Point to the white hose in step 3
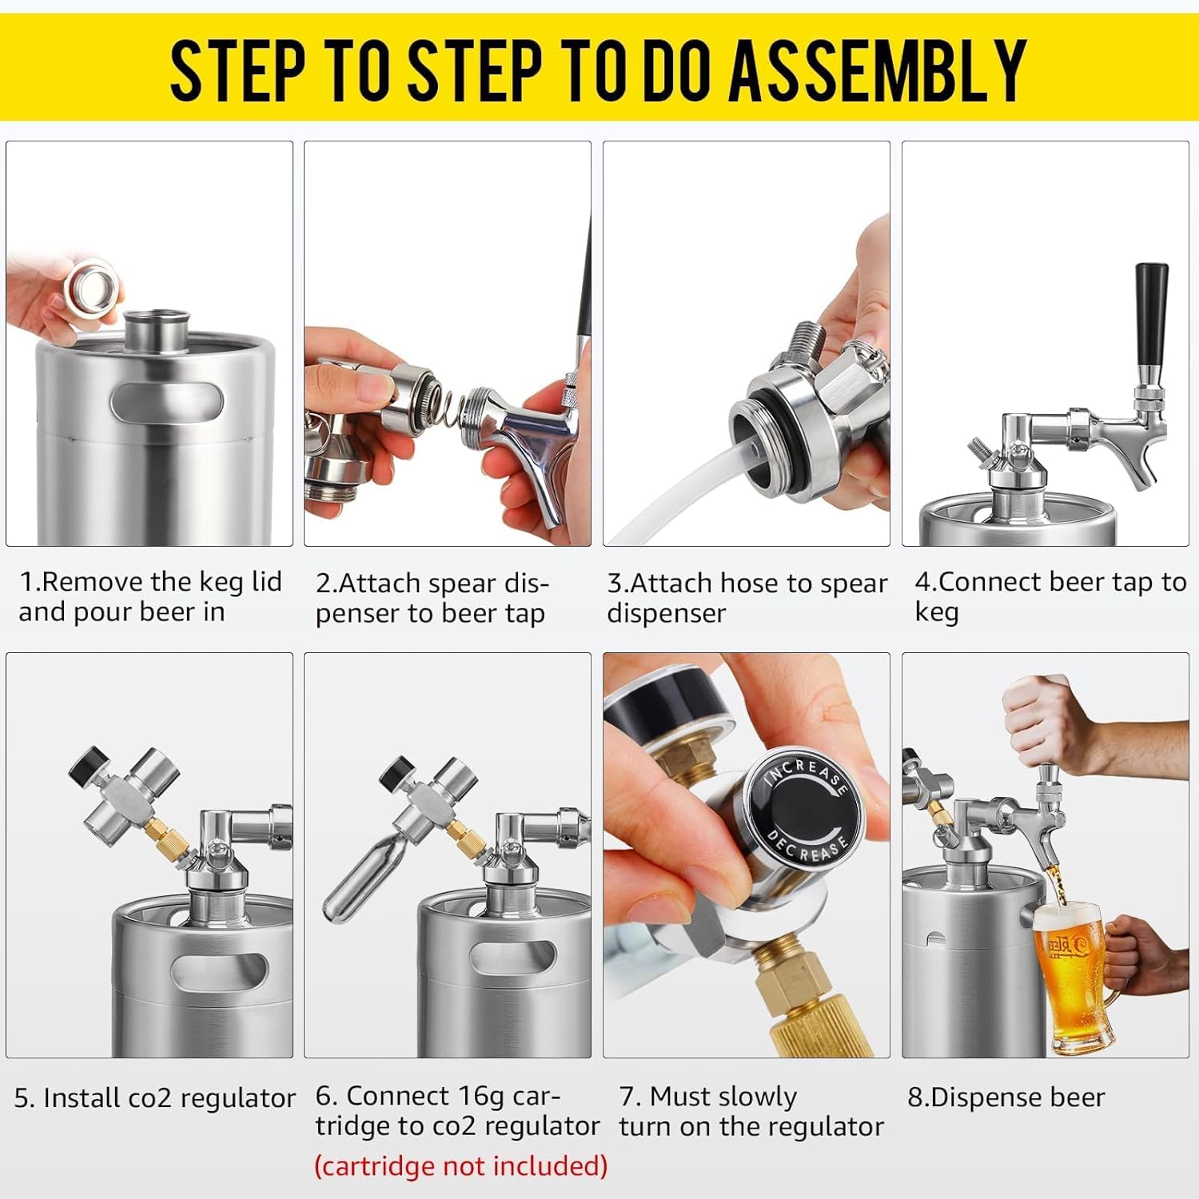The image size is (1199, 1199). click(679, 492)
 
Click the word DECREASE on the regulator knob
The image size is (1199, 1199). click(806, 844)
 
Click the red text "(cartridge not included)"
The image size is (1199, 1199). click(461, 1165)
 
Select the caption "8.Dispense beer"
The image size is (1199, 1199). click(1006, 1097)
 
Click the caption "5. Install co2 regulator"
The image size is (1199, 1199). click(154, 1098)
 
